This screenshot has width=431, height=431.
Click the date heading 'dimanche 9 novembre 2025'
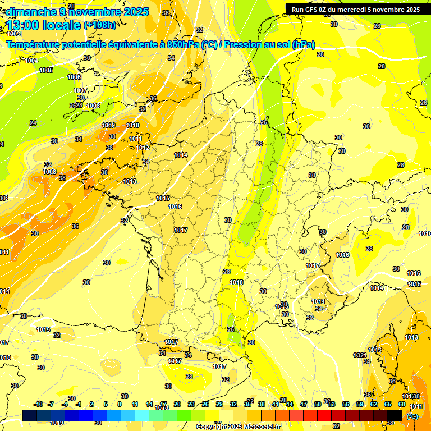tap(77, 12)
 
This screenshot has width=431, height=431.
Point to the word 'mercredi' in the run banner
tap(365, 10)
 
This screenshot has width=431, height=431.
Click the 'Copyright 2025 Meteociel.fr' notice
tap(238, 427)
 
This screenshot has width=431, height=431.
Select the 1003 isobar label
tap(13, 34)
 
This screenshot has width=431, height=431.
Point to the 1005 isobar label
tap(46, 70)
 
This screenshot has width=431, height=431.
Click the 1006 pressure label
tap(74, 77)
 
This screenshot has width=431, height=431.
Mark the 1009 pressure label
tap(109, 125)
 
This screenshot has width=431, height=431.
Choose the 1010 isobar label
tap(133, 125)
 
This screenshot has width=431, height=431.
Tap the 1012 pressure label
tap(143, 148)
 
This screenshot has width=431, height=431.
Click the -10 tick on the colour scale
tap(38, 404)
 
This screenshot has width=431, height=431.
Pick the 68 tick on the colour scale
tap(402, 404)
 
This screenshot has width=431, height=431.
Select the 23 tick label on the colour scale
tap(191, 404)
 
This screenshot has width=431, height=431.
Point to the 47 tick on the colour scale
tap(303, 404)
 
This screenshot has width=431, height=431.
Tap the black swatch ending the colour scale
tap(395, 415)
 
